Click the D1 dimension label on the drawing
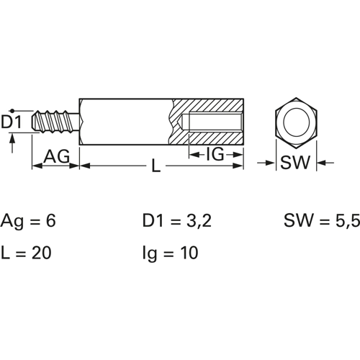pos(12,122)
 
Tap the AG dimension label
pos(57,156)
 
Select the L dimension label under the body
pos(156,166)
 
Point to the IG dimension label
pos(215,154)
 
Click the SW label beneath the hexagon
pos(295,163)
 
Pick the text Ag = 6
pos(28,222)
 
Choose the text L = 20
pos(26,253)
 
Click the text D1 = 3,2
pos(177,221)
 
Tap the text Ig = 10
pos(171,253)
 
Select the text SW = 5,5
pos(322,221)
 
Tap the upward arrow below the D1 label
pos(12,143)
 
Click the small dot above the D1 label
pos(12,111)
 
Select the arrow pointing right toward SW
pos(266,163)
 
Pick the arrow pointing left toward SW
pos(325,163)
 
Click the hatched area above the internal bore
pos(207,106)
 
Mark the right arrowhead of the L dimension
pos(238,166)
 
